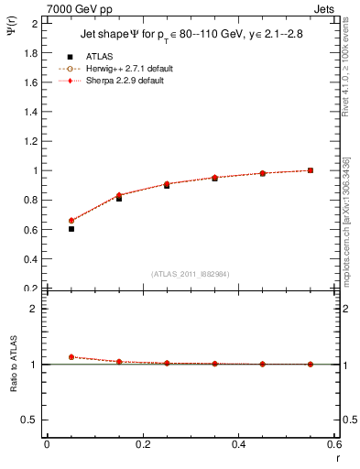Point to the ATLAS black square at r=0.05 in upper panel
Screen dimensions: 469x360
click(x=71, y=228)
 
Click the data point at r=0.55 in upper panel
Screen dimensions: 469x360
click(x=311, y=170)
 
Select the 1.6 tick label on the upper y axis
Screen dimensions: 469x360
click(x=31, y=82)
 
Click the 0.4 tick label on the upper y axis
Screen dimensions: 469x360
click(x=31, y=258)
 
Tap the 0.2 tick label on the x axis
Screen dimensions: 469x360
click(x=142, y=443)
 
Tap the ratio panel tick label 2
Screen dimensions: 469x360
click(x=35, y=309)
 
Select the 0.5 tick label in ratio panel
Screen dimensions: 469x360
click(x=31, y=420)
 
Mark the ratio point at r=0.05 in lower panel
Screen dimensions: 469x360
click(x=71, y=357)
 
